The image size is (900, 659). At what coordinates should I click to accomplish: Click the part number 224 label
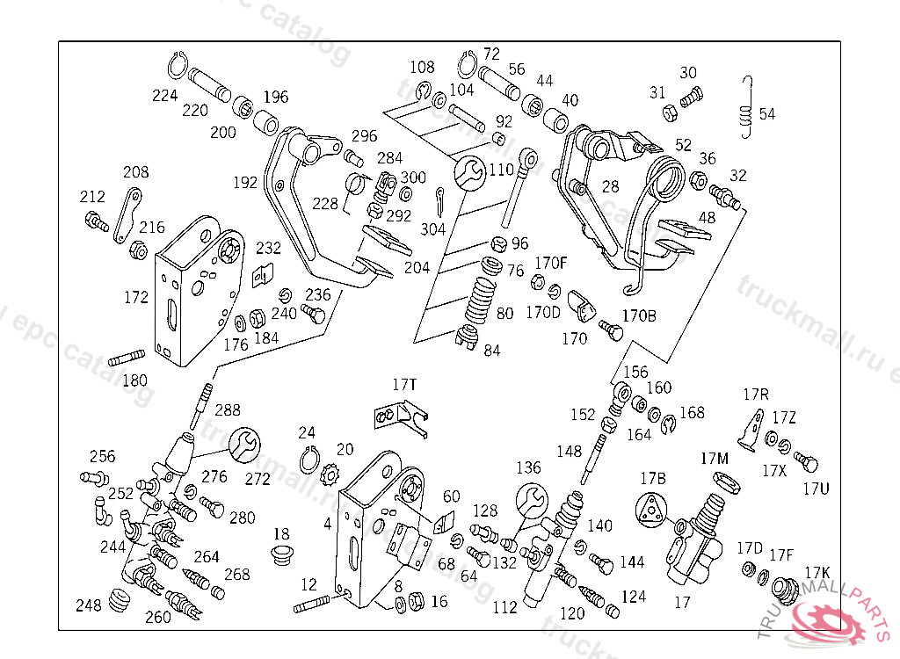tap(164, 96)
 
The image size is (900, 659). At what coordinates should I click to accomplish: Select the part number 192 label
tap(245, 183)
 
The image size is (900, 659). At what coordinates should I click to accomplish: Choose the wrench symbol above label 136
tap(532, 498)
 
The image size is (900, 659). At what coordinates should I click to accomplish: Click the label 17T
tap(405, 385)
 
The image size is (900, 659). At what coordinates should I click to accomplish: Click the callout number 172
tap(136, 298)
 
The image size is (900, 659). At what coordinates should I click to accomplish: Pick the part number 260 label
tap(157, 617)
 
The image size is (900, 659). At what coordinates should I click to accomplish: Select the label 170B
tap(639, 315)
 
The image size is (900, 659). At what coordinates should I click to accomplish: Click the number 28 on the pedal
tap(610, 186)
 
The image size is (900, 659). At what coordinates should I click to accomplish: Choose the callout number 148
tap(569, 452)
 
